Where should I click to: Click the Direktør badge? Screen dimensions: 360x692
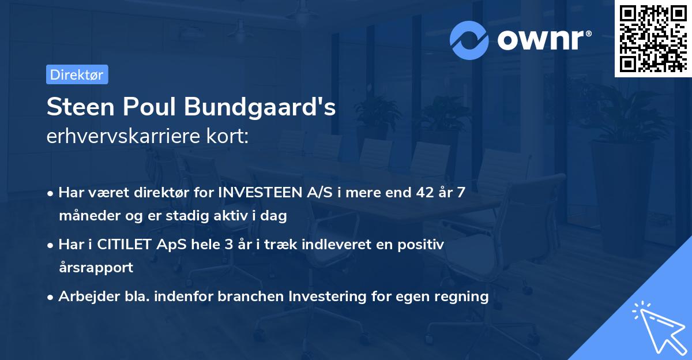coord(77,74)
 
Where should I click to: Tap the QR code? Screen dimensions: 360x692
coord(653,38)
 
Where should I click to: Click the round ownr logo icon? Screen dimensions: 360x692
coord(469,40)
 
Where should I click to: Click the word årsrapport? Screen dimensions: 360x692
coord(96,268)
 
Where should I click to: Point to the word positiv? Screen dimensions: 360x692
coord(423,244)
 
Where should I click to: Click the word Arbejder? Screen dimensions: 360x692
coord(84,297)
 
